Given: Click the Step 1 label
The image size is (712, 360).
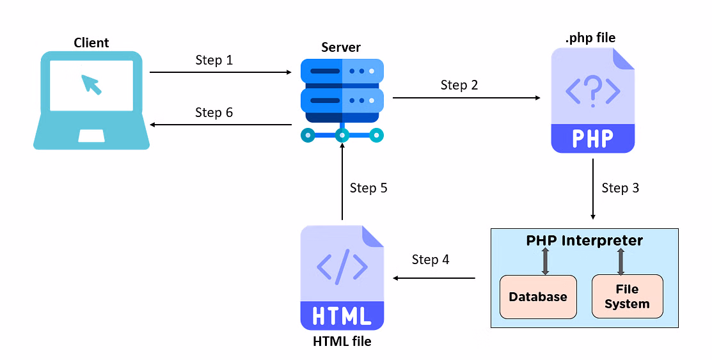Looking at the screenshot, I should (x=214, y=60).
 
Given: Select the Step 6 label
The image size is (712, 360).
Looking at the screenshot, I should (x=214, y=113).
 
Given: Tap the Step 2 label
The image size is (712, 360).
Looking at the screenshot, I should (x=459, y=85).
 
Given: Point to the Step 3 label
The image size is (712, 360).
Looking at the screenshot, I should (x=620, y=188).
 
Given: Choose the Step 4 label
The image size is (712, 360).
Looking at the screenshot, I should (x=431, y=260).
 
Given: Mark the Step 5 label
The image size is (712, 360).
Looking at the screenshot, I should (x=368, y=188).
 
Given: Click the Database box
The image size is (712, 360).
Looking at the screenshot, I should (x=538, y=297).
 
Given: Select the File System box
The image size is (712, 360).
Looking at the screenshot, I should (x=627, y=297).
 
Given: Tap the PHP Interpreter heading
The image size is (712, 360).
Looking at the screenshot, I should (x=584, y=241).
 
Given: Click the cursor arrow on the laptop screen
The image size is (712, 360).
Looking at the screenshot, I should (x=91, y=84).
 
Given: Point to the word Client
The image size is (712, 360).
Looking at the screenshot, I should (x=91, y=43).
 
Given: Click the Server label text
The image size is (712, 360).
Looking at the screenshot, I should (x=341, y=47).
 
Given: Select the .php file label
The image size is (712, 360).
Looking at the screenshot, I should (x=590, y=38).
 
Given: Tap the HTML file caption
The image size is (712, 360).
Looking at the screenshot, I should (x=342, y=341).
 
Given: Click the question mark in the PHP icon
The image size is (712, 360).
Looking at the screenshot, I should (x=593, y=90).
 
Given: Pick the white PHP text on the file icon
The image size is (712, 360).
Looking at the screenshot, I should (x=592, y=137).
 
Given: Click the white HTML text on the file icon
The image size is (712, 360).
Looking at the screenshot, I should (x=342, y=315).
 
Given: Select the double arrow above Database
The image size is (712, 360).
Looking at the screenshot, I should (x=545, y=262).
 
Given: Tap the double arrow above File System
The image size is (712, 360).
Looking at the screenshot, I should (x=621, y=262).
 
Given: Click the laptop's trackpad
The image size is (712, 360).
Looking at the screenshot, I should (x=91, y=135).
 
